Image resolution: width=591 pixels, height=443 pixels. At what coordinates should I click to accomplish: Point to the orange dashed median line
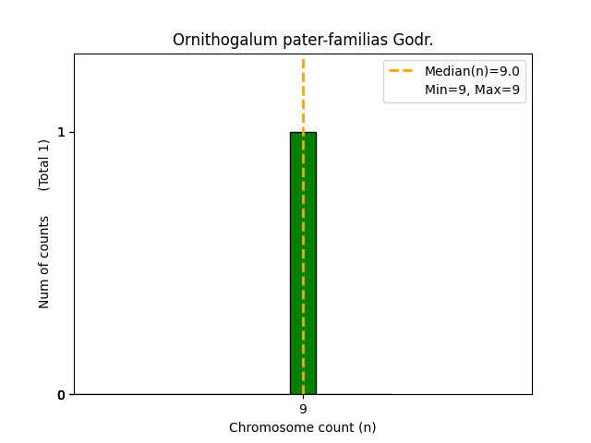click(303, 92)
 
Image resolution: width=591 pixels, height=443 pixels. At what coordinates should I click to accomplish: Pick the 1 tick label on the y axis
click(62, 132)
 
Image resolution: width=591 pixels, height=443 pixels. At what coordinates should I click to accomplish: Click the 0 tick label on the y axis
click(62, 395)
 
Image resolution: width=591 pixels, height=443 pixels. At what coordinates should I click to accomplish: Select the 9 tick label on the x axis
click(303, 409)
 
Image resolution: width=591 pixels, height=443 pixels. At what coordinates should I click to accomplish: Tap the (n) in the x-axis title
click(367, 427)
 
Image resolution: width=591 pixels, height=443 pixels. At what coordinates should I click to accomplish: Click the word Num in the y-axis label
click(44, 293)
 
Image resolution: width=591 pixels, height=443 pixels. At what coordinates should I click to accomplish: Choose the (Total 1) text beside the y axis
click(44, 164)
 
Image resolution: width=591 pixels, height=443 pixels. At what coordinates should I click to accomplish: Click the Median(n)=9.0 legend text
click(472, 71)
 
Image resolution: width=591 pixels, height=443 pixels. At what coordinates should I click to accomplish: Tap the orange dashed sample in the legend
click(401, 71)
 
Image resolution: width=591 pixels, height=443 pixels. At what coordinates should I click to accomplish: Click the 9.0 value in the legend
click(509, 71)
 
